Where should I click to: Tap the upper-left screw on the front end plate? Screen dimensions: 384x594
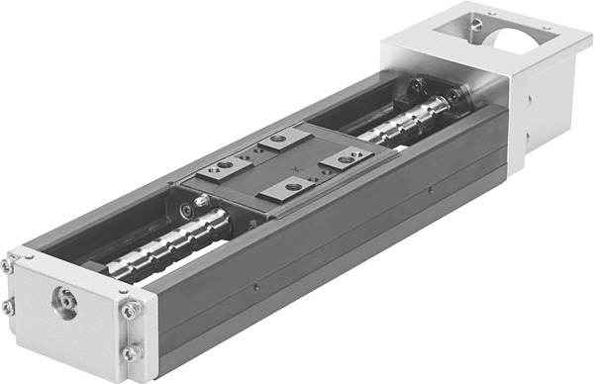[8, 266]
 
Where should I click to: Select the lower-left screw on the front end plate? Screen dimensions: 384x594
[8, 308]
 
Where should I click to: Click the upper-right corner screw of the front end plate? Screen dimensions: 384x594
[130, 311]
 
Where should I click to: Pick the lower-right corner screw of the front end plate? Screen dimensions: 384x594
[130, 351]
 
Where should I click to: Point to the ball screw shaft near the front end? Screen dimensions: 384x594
[158, 254]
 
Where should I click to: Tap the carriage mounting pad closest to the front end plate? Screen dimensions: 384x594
[293, 185]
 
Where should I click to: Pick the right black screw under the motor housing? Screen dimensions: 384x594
[454, 96]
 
